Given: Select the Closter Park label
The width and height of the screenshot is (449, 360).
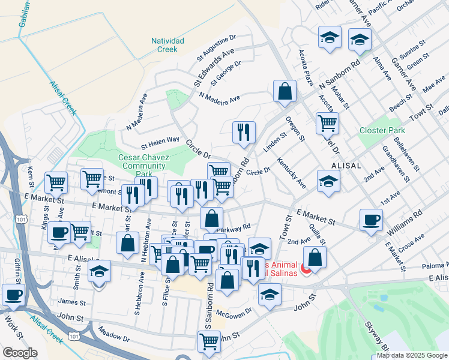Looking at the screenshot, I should click(x=382, y=130).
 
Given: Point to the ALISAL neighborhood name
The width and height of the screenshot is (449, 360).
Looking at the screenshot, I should click(x=346, y=166).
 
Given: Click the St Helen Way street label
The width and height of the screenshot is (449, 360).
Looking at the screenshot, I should click(x=160, y=142).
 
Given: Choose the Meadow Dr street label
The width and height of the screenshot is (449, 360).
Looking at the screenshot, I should click(x=113, y=335).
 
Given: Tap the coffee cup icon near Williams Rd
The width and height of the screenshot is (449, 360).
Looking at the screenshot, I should click(x=371, y=220).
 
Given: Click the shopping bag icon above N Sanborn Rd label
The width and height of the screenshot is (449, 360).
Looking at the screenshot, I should click(x=285, y=91).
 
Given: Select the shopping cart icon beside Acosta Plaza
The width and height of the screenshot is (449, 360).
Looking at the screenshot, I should click(x=327, y=123).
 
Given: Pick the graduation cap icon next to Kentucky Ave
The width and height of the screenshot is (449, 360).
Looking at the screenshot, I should click(x=328, y=180).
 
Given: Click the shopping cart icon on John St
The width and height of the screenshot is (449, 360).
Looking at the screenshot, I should click(x=209, y=341).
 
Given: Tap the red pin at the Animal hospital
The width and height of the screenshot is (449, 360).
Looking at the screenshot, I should click(x=306, y=270).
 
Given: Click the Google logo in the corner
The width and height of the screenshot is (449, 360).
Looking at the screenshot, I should click(x=20, y=353).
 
